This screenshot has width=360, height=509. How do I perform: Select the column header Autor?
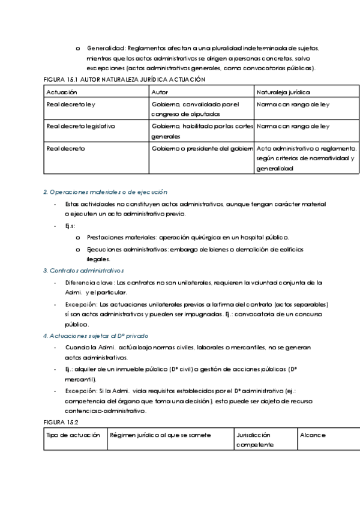(160, 92)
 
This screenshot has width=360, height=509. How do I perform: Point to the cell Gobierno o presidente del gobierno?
(202, 148)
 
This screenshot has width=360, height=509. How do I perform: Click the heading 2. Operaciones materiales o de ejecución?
(105, 191)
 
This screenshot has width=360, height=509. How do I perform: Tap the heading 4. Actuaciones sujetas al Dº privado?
(96, 336)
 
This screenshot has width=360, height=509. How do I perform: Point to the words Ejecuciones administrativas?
(125, 248)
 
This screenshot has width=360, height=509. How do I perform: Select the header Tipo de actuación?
(73, 435)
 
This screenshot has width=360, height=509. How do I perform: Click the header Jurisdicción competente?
(255, 439)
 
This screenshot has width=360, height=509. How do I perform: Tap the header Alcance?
(313, 435)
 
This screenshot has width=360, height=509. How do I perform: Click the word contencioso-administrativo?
(106, 411)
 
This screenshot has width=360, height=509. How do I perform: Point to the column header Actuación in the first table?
(61, 92)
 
